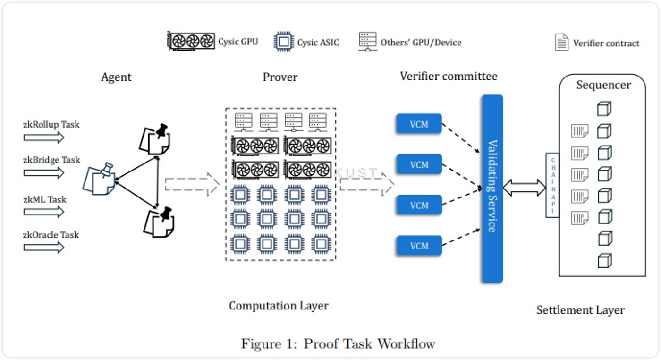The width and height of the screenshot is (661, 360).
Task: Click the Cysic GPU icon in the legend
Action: [x=191, y=41]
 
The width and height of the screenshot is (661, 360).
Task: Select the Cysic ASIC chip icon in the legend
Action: [x=283, y=42]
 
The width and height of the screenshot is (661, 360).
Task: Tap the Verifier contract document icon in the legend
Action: [x=561, y=42]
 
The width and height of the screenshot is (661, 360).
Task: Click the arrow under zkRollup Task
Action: [x=43, y=137]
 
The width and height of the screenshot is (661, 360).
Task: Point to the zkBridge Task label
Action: [x=52, y=160]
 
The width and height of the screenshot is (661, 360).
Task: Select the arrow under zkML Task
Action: [x=43, y=212]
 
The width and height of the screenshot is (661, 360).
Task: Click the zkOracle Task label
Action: [x=51, y=235]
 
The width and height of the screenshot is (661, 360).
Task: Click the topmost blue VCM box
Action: [x=419, y=125]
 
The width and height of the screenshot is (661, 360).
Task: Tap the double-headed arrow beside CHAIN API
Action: [x=524, y=188]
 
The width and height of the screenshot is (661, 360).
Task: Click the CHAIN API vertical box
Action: [x=552, y=185]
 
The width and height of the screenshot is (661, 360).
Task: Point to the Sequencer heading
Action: [x=603, y=85]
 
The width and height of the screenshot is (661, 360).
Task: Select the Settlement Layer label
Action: [x=580, y=310]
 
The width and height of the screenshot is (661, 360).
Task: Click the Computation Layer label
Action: [x=279, y=306]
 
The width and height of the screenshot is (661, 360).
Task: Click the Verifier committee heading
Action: [x=449, y=76]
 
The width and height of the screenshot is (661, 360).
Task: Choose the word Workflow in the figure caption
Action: [x=406, y=343]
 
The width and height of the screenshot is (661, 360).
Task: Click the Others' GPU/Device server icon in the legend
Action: [x=367, y=42]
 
